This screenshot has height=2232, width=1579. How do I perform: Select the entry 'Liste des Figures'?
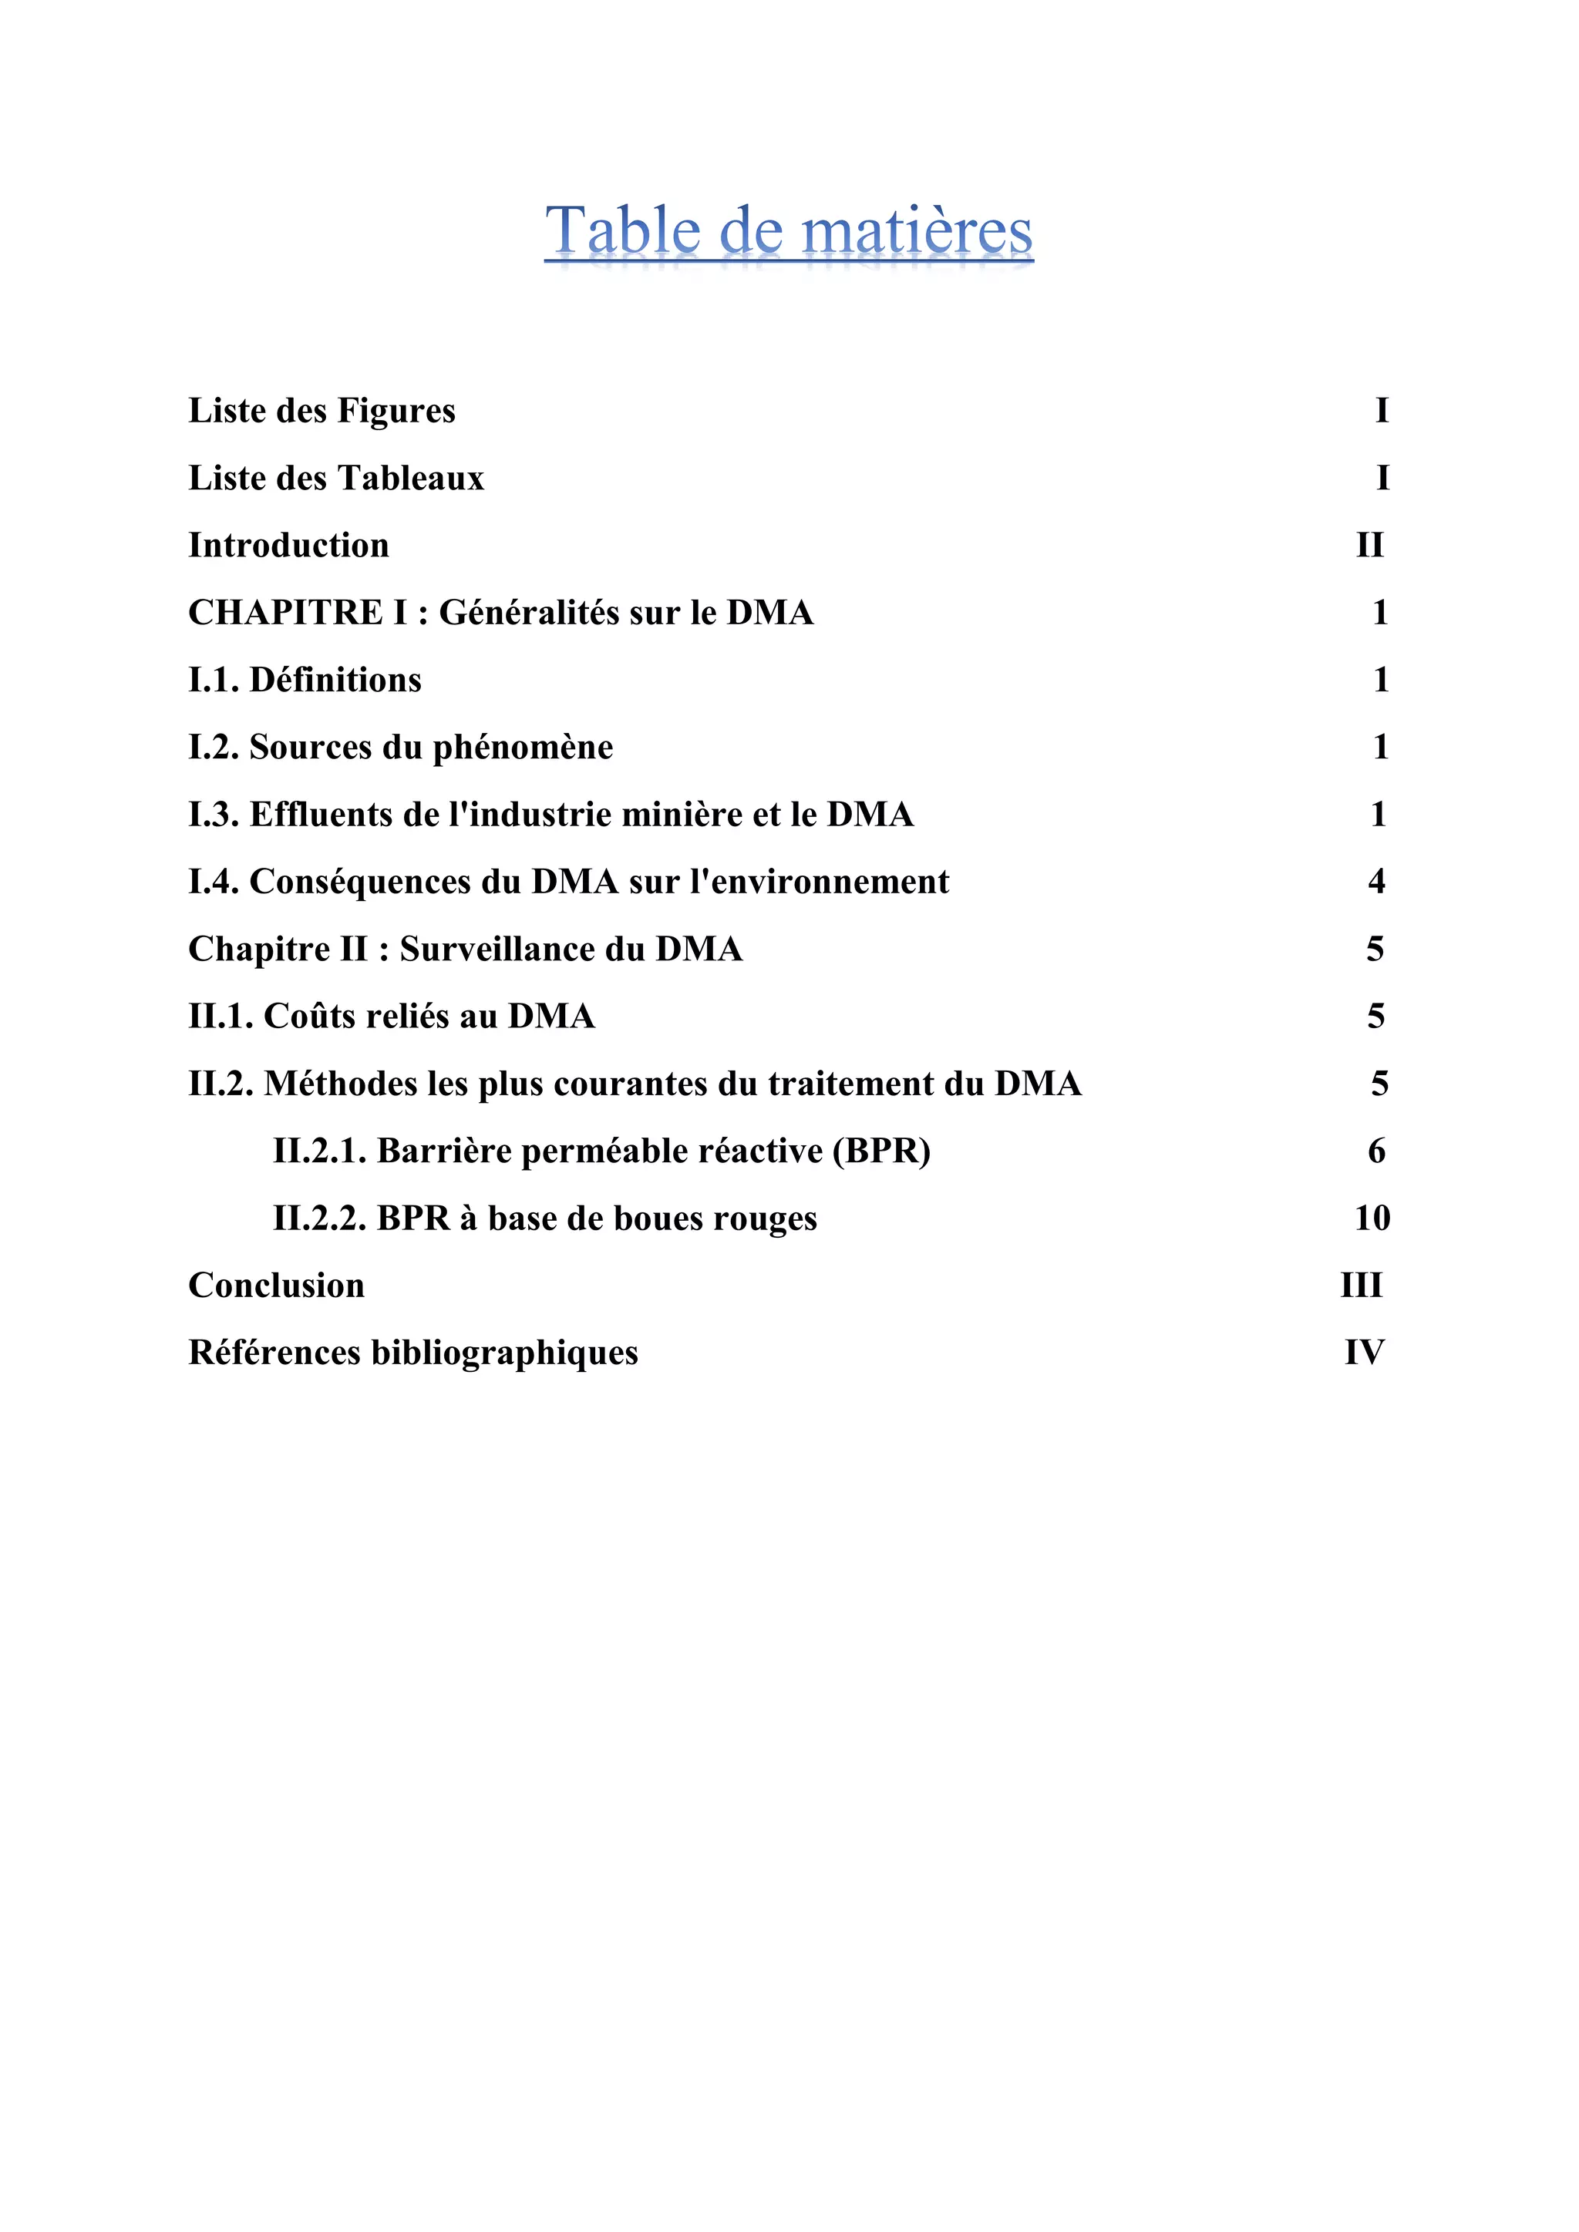pyautogui.click(x=322, y=412)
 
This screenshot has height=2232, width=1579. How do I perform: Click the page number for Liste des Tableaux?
pyautogui.click(x=1382, y=479)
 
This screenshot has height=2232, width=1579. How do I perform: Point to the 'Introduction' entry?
pyautogui.click(x=289, y=546)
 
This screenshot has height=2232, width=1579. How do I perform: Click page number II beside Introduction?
pyautogui.click(x=1370, y=546)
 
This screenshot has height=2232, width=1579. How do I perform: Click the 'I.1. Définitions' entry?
pyautogui.click(x=305, y=680)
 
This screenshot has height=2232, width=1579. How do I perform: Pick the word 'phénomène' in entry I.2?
pyautogui.click(x=522, y=748)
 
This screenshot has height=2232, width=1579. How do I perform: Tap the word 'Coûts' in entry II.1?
pyautogui.click(x=309, y=1017)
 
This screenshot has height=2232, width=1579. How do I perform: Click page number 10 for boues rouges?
pyautogui.click(x=1372, y=1218)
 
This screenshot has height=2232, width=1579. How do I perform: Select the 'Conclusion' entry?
pyautogui.click(x=276, y=1285)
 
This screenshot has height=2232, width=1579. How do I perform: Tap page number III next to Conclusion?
pyautogui.click(x=1362, y=1285)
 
